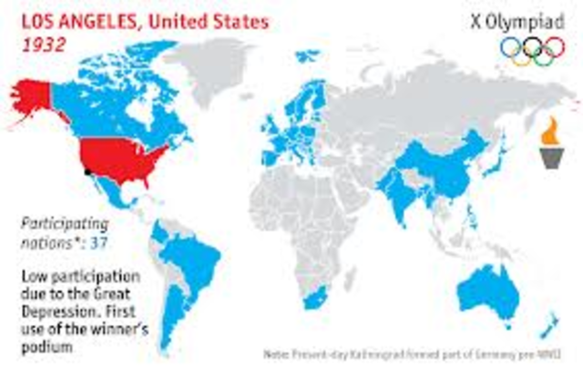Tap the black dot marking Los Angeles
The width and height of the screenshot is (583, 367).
click(87, 170)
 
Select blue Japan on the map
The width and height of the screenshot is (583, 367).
click(493, 164)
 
